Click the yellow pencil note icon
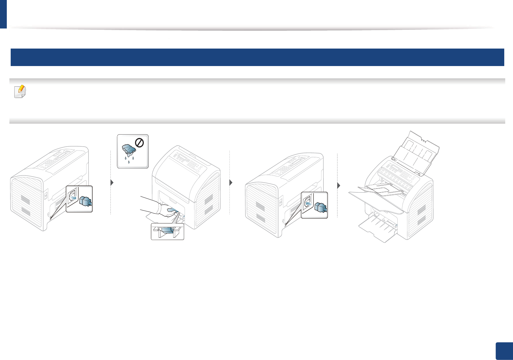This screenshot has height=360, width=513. [20, 92]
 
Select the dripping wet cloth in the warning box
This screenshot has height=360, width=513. [129, 149]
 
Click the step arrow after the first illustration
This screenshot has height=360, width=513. [112, 183]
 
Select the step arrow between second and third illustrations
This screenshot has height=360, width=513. [231, 183]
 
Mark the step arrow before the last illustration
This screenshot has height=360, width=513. [339, 186]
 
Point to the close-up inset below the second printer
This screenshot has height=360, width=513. [167, 231]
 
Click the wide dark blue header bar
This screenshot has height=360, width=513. [257, 57]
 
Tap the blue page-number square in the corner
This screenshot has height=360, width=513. [504, 351]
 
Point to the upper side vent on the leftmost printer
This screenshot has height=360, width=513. [26, 200]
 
